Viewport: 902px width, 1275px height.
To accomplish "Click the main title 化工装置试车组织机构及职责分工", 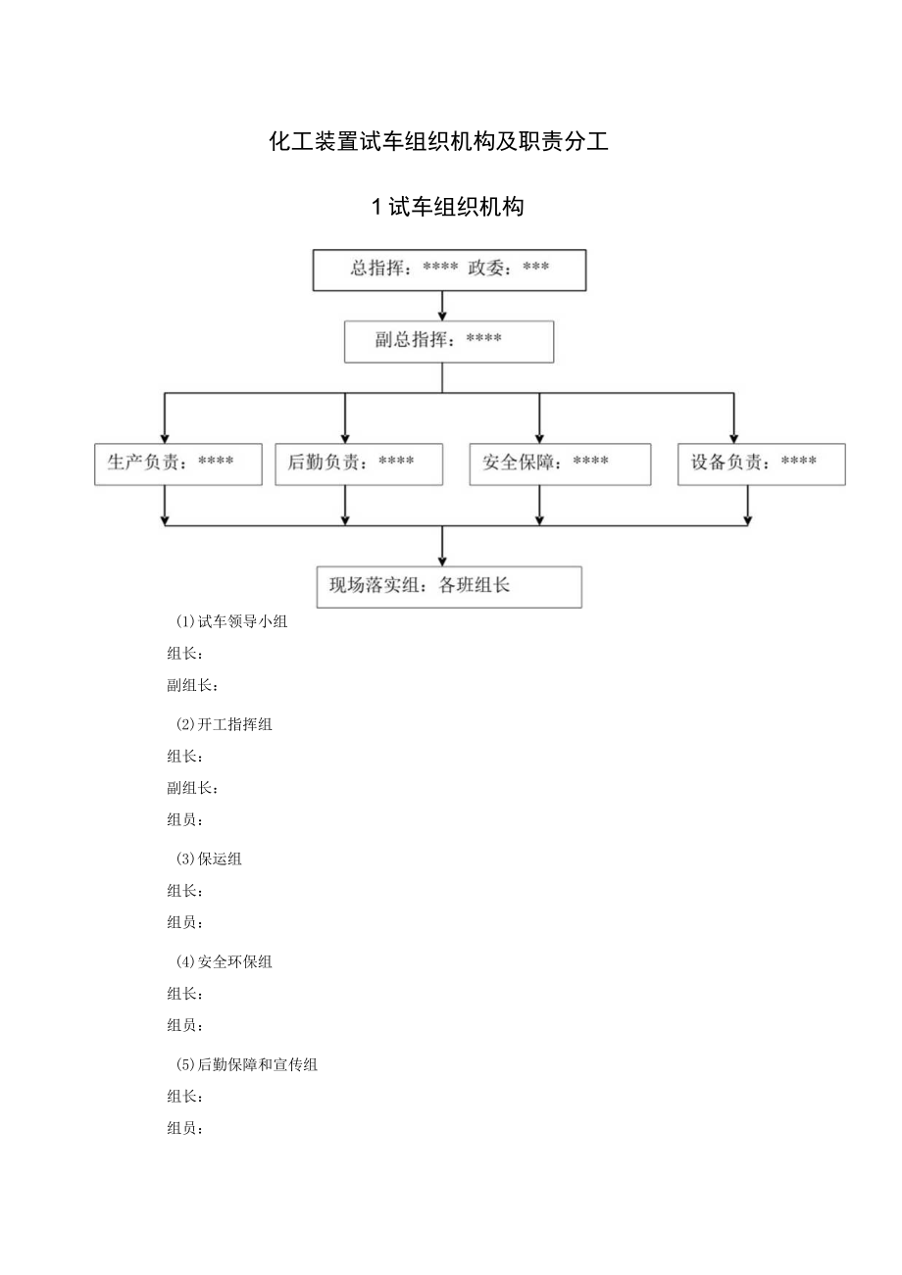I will pyautogui.click(x=438, y=142).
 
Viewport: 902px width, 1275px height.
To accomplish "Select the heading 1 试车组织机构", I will pyautogui.click(x=448, y=207).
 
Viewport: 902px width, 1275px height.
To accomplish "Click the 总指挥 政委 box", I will pyautogui.click(x=449, y=270).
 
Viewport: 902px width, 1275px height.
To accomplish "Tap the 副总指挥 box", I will pyautogui.click(x=449, y=341).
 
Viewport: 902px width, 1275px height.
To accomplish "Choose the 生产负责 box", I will pyautogui.click(x=178, y=464).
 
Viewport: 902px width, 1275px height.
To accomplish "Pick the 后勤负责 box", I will pyautogui.click(x=359, y=464).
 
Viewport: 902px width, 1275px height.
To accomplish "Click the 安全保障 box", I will pyautogui.click(x=560, y=464).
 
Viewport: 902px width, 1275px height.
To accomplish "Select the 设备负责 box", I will pyautogui.click(x=761, y=464).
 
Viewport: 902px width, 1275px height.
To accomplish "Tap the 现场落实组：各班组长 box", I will pyautogui.click(x=449, y=586).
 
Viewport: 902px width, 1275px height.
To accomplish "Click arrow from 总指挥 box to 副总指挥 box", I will pyautogui.click(x=442, y=307).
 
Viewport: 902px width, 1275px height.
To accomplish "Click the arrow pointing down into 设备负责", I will pyautogui.click(x=733, y=421).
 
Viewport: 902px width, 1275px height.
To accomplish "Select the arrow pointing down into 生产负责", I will pyautogui.click(x=165, y=421).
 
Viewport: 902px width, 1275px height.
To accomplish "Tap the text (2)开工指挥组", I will pyautogui.click(x=224, y=724).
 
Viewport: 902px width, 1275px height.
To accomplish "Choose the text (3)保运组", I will pyautogui.click(x=208, y=858).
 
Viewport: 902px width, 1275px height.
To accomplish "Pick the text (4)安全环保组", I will pyautogui.click(x=224, y=961).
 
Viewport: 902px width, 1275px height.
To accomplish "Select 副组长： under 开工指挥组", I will pyautogui.click(x=193, y=788).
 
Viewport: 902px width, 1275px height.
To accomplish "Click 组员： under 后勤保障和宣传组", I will pyautogui.click(x=185, y=1128).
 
